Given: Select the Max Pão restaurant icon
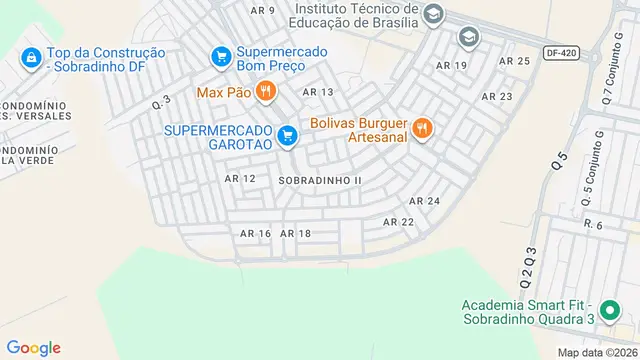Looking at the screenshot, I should [264, 93].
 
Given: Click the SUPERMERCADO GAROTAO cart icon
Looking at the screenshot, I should [288, 134].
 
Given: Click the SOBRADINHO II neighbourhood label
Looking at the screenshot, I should [319, 180].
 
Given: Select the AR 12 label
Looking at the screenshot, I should [240, 178].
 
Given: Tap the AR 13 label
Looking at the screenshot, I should [318, 92].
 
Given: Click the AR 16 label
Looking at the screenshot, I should [256, 233].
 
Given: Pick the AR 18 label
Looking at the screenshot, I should [296, 233].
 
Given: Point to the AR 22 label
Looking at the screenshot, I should [398, 221].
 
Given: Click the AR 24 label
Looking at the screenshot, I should [425, 201].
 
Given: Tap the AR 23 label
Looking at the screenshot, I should [497, 97].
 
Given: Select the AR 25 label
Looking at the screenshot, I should [514, 61].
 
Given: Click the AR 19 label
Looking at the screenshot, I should [452, 65].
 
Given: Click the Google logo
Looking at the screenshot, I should [34, 348].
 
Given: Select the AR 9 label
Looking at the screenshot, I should [263, 10].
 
